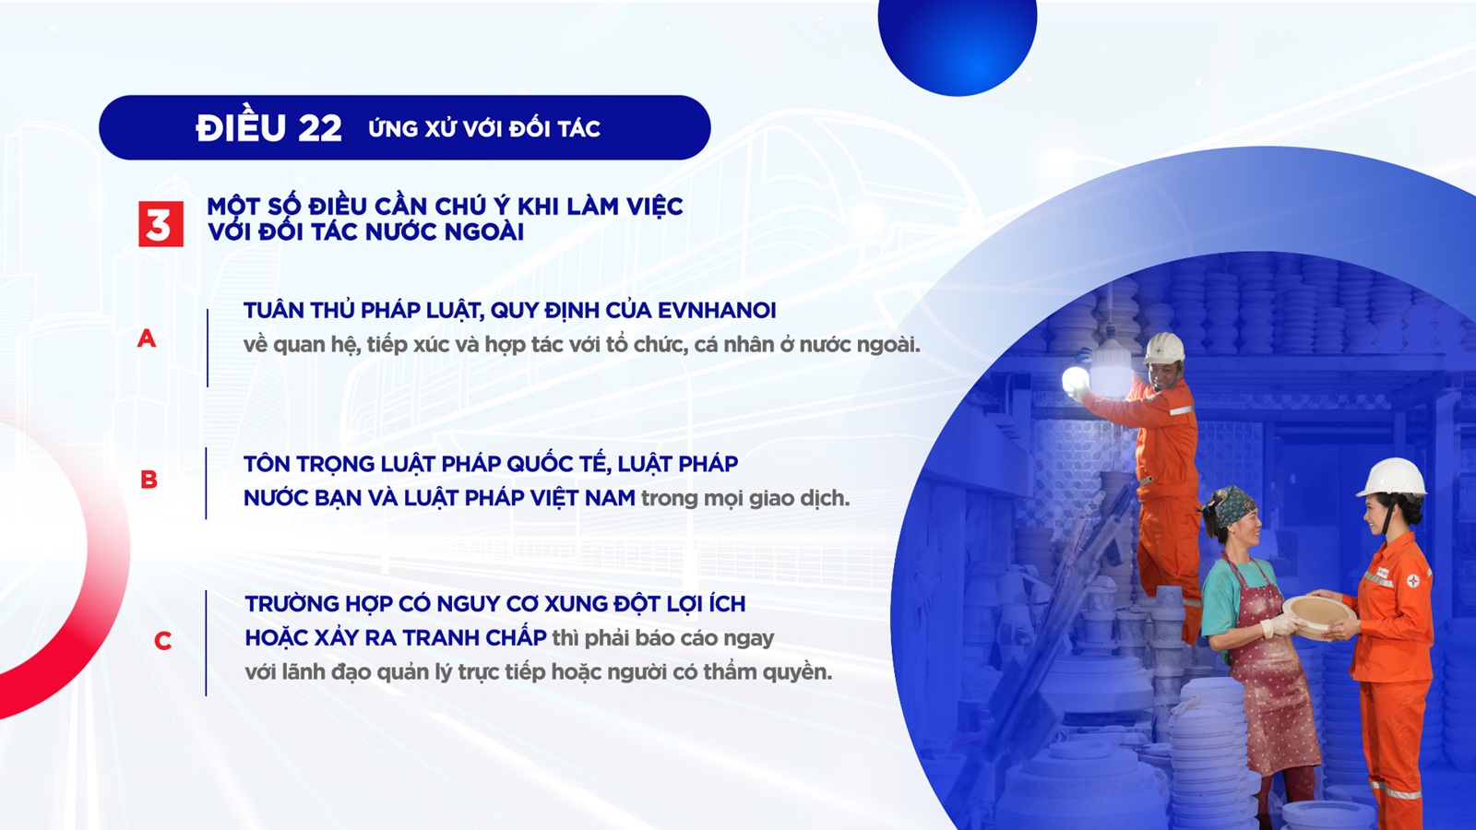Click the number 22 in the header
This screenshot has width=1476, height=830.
coord(319,128)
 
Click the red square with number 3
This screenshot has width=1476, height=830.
coord(161,224)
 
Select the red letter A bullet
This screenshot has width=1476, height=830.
coord(147,338)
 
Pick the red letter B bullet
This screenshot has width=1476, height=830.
coord(149,480)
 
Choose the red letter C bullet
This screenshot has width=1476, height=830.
coord(162,641)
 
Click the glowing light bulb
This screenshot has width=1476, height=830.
coord(1075,380)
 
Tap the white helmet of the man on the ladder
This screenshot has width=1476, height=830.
coord(1164,347)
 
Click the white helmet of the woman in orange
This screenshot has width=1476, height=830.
coord(1391,478)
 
